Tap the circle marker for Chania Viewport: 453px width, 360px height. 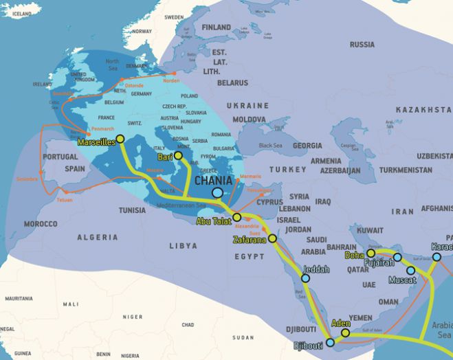pos(218,193)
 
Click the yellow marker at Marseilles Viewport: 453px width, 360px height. pos(120,139)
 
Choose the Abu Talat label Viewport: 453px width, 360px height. pos(214,221)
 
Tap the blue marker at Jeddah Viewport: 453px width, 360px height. pos(305,278)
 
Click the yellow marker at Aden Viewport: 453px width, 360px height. pos(345,333)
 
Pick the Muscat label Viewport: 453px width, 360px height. pos(402,280)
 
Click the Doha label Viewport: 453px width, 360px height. pos(354,255)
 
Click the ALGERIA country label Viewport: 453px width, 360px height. pos(97,237)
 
